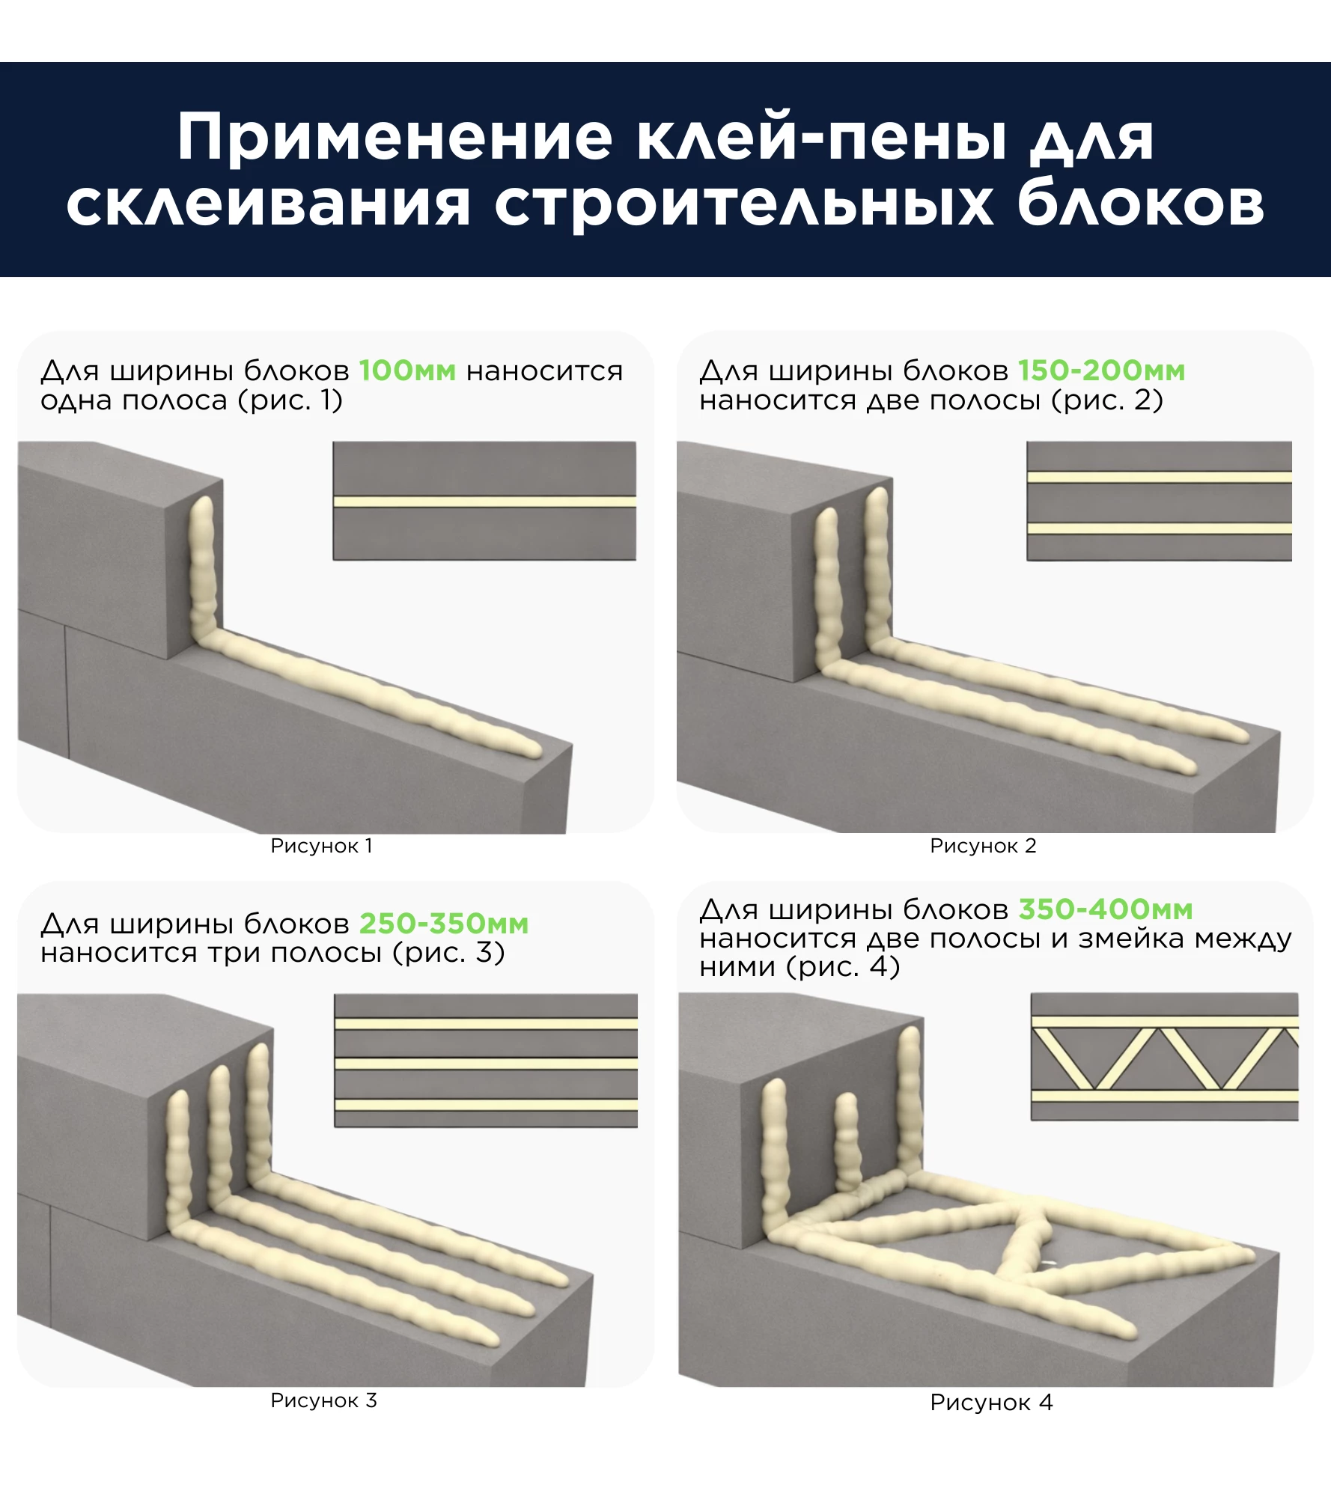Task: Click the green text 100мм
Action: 406,371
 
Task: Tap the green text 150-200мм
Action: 1101,371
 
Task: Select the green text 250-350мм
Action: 444,924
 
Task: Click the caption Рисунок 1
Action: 321,846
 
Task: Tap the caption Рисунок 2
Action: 983,846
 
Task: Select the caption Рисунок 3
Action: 323,1400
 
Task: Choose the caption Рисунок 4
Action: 991,1403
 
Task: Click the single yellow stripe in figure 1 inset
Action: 484,501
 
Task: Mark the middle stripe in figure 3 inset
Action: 486,1064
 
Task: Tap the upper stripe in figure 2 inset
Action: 1159,477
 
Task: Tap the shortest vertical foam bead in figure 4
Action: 847,1141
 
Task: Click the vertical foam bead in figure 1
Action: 203,569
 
